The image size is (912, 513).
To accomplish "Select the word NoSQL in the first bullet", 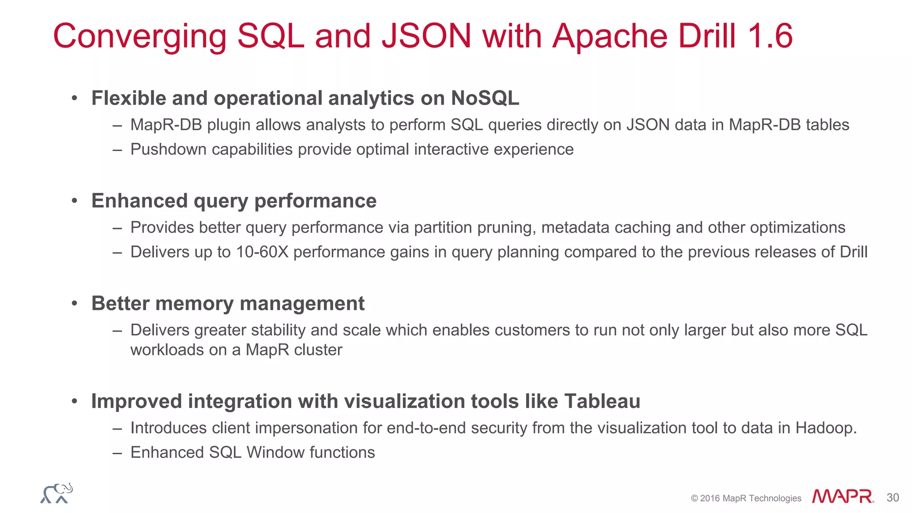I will [485, 98].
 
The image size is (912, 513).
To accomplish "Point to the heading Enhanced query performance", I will [234, 201].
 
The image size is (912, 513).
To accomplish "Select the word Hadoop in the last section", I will [825, 428].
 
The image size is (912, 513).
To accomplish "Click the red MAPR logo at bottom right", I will [843, 497].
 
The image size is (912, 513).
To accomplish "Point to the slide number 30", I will [892, 497].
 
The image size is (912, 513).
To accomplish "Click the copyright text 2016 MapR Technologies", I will [750, 498].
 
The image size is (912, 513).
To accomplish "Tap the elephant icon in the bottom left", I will [57, 493].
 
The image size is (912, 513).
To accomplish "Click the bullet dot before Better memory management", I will [75, 304].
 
